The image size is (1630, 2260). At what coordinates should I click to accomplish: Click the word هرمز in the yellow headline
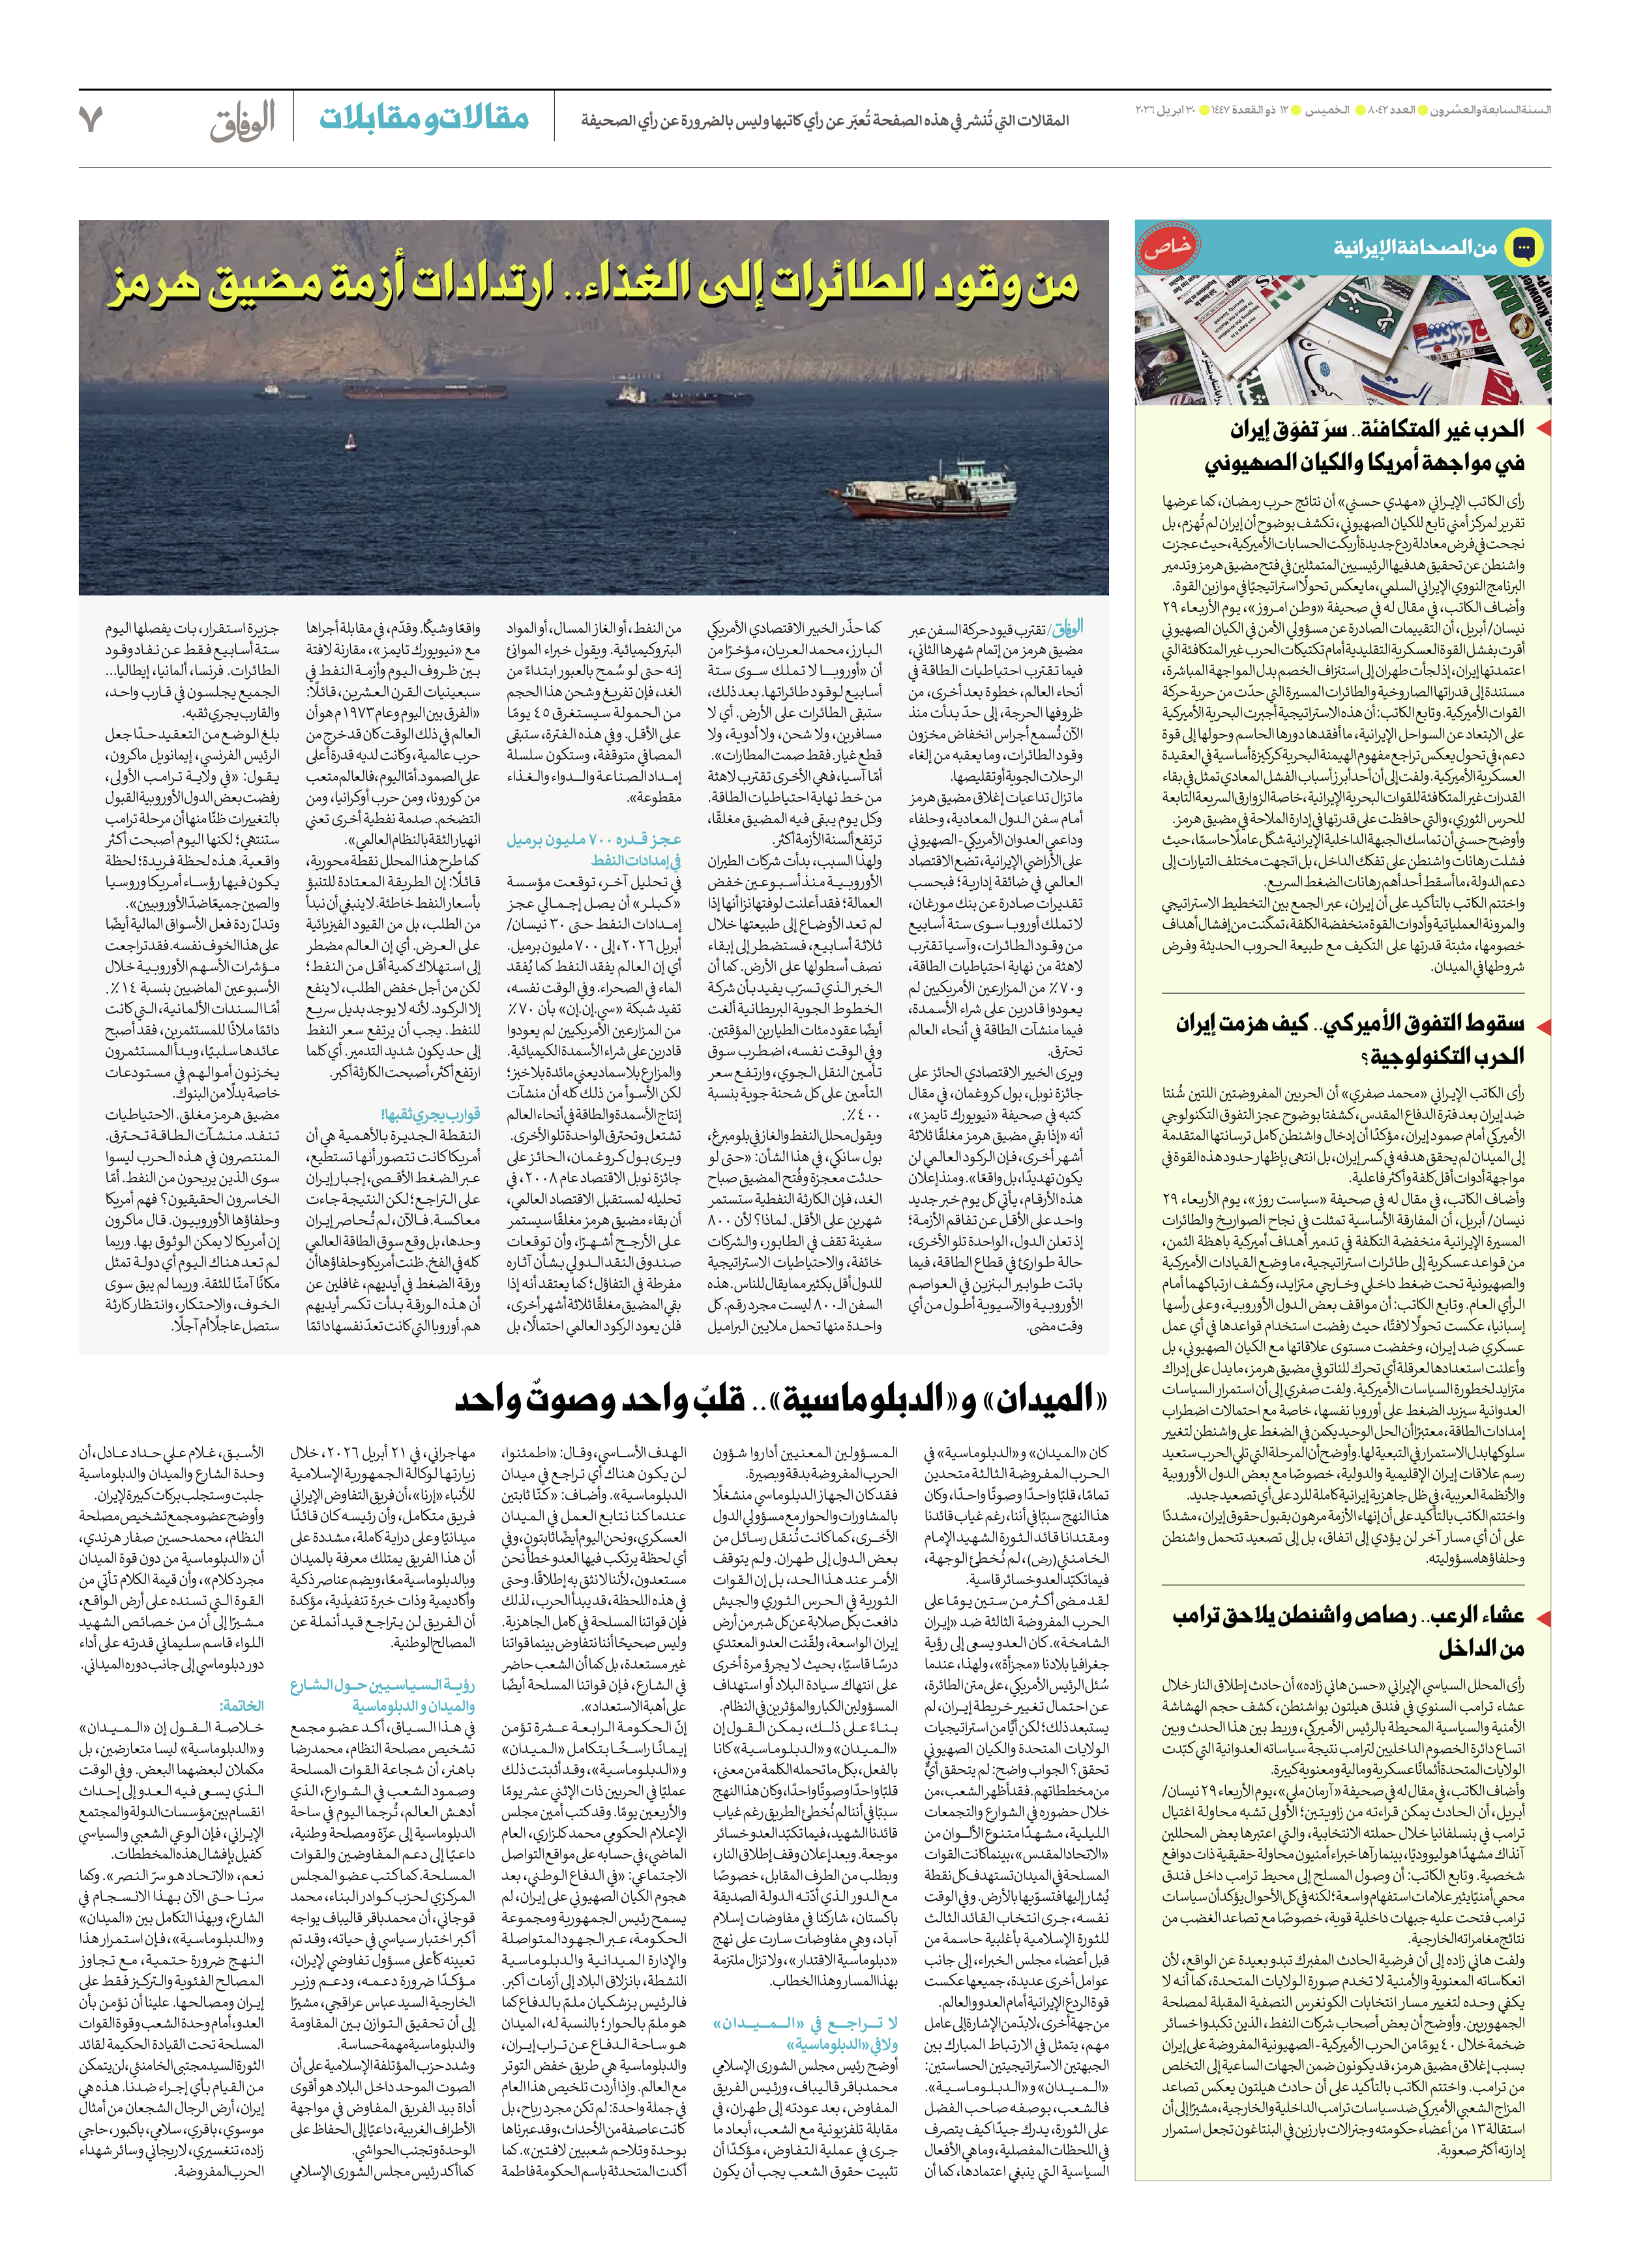click(155, 287)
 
